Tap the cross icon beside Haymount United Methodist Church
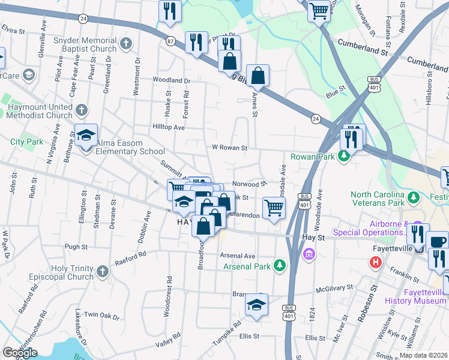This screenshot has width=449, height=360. [82, 110]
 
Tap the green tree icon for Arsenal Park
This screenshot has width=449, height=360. [280, 265]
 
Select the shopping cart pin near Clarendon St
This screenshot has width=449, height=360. [274, 208]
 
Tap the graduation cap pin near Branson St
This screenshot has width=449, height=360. [256, 305]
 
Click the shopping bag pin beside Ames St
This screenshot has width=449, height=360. [258, 76]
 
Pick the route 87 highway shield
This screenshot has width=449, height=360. [171, 41]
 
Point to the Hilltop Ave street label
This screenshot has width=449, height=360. [169, 127]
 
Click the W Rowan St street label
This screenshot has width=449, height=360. [229, 148]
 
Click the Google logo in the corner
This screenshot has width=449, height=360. [19, 353]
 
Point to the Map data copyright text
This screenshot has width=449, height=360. [424, 355]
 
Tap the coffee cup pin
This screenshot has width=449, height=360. [439, 242]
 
